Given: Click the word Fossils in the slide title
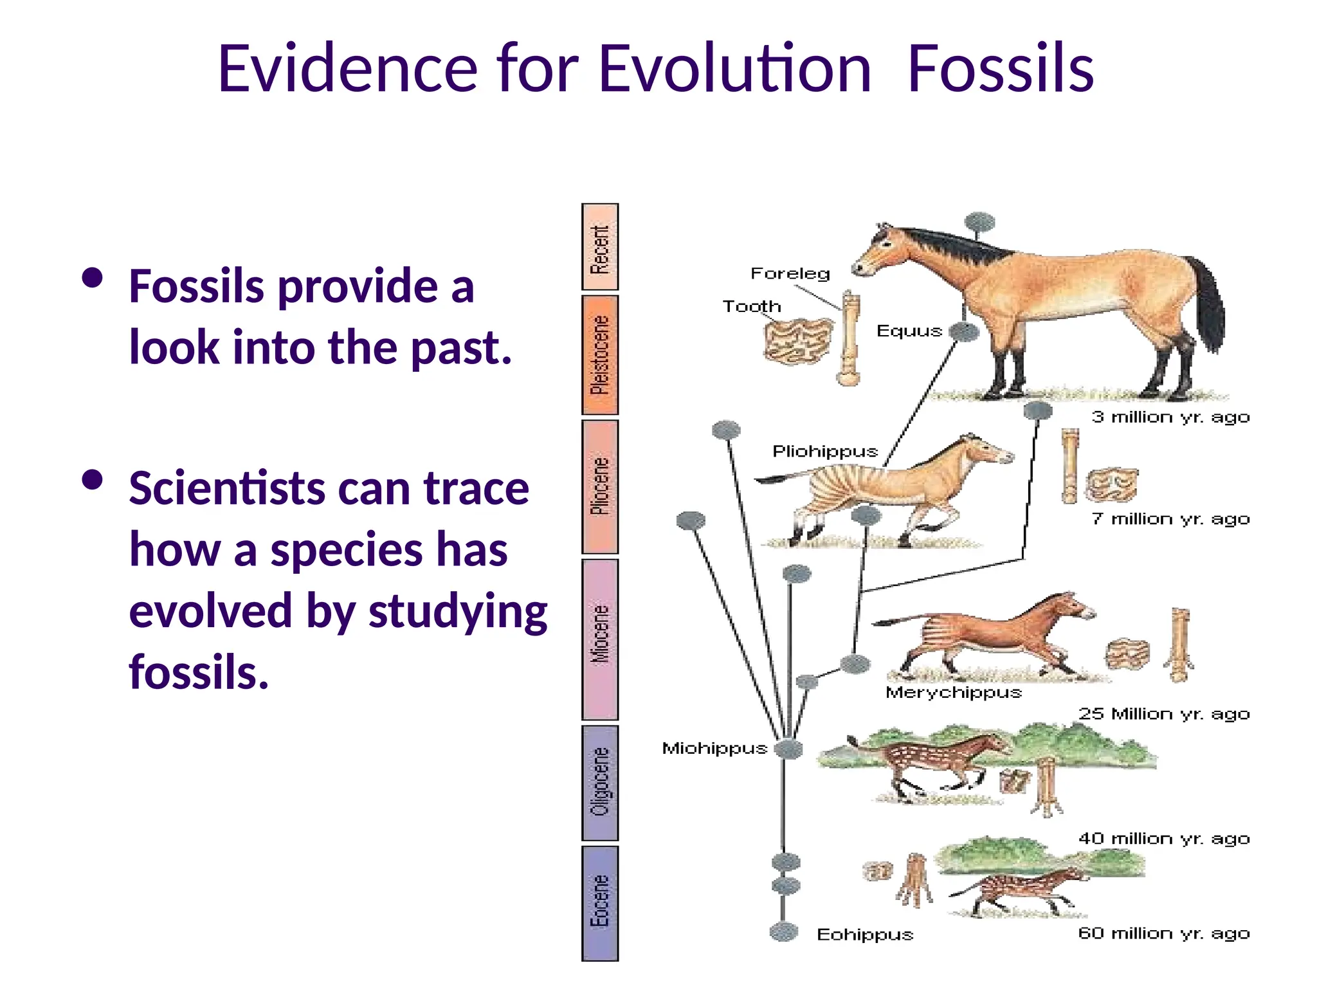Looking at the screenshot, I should tap(1001, 68).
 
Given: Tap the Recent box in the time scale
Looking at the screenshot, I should tap(599, 248).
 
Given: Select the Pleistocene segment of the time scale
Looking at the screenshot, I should tap(599, 355).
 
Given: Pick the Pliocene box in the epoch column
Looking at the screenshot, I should tap(599, 487).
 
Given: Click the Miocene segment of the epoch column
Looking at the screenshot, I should tap(599, 639).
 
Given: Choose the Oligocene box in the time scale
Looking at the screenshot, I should tap(599, 783).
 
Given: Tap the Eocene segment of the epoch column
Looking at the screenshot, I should tap(599, 903).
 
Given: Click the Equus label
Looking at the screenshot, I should tap(909, 331).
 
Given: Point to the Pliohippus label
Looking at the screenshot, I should tap(825, 451).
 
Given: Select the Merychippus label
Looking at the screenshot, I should tap(953, 693).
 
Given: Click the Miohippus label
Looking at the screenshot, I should tap(714, 748).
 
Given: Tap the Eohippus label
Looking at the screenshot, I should tap(865, 935).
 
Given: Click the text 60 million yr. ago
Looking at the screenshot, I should tap(1164, 933).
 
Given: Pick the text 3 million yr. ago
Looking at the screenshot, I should tap(1170, 417).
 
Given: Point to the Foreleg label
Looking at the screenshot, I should tap(790, 273).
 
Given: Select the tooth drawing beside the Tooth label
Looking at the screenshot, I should tap(797, 341).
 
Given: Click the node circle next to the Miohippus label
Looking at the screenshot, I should tap(789, 749).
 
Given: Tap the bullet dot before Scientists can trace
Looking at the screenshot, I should tap(93, 480).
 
